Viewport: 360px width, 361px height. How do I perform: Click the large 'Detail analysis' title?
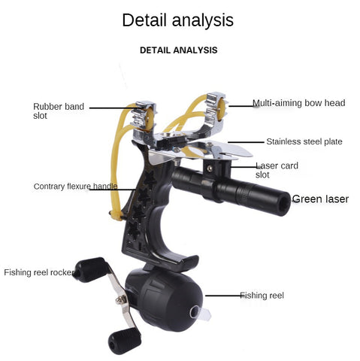point(178,20)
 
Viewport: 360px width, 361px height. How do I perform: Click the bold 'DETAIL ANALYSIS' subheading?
point(178,50)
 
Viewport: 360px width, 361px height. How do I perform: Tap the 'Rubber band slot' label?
point(59,111)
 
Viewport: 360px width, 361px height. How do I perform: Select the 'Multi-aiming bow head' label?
point(298,103)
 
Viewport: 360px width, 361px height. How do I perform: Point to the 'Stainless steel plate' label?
point(304,141)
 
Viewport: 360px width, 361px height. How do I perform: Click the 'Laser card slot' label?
point(277,170)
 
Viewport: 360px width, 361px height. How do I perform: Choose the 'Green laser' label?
point(320,199)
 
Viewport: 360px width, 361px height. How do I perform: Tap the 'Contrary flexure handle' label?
point(75,187)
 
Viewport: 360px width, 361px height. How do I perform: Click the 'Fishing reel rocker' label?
point(39,272)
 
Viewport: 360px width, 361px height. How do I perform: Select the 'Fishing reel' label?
point(262,296)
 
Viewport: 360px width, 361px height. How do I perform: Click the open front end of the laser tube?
point(283,203)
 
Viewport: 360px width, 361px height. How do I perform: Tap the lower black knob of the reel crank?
point(125,342)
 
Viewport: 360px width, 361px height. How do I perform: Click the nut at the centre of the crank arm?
point(121,299)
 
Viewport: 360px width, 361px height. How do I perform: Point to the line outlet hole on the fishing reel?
point(195,313)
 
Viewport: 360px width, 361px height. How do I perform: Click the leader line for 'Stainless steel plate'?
point(246,142)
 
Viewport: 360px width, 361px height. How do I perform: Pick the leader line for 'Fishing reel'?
point(223,296)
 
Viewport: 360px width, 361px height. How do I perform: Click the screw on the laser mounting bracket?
point(210,168)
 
